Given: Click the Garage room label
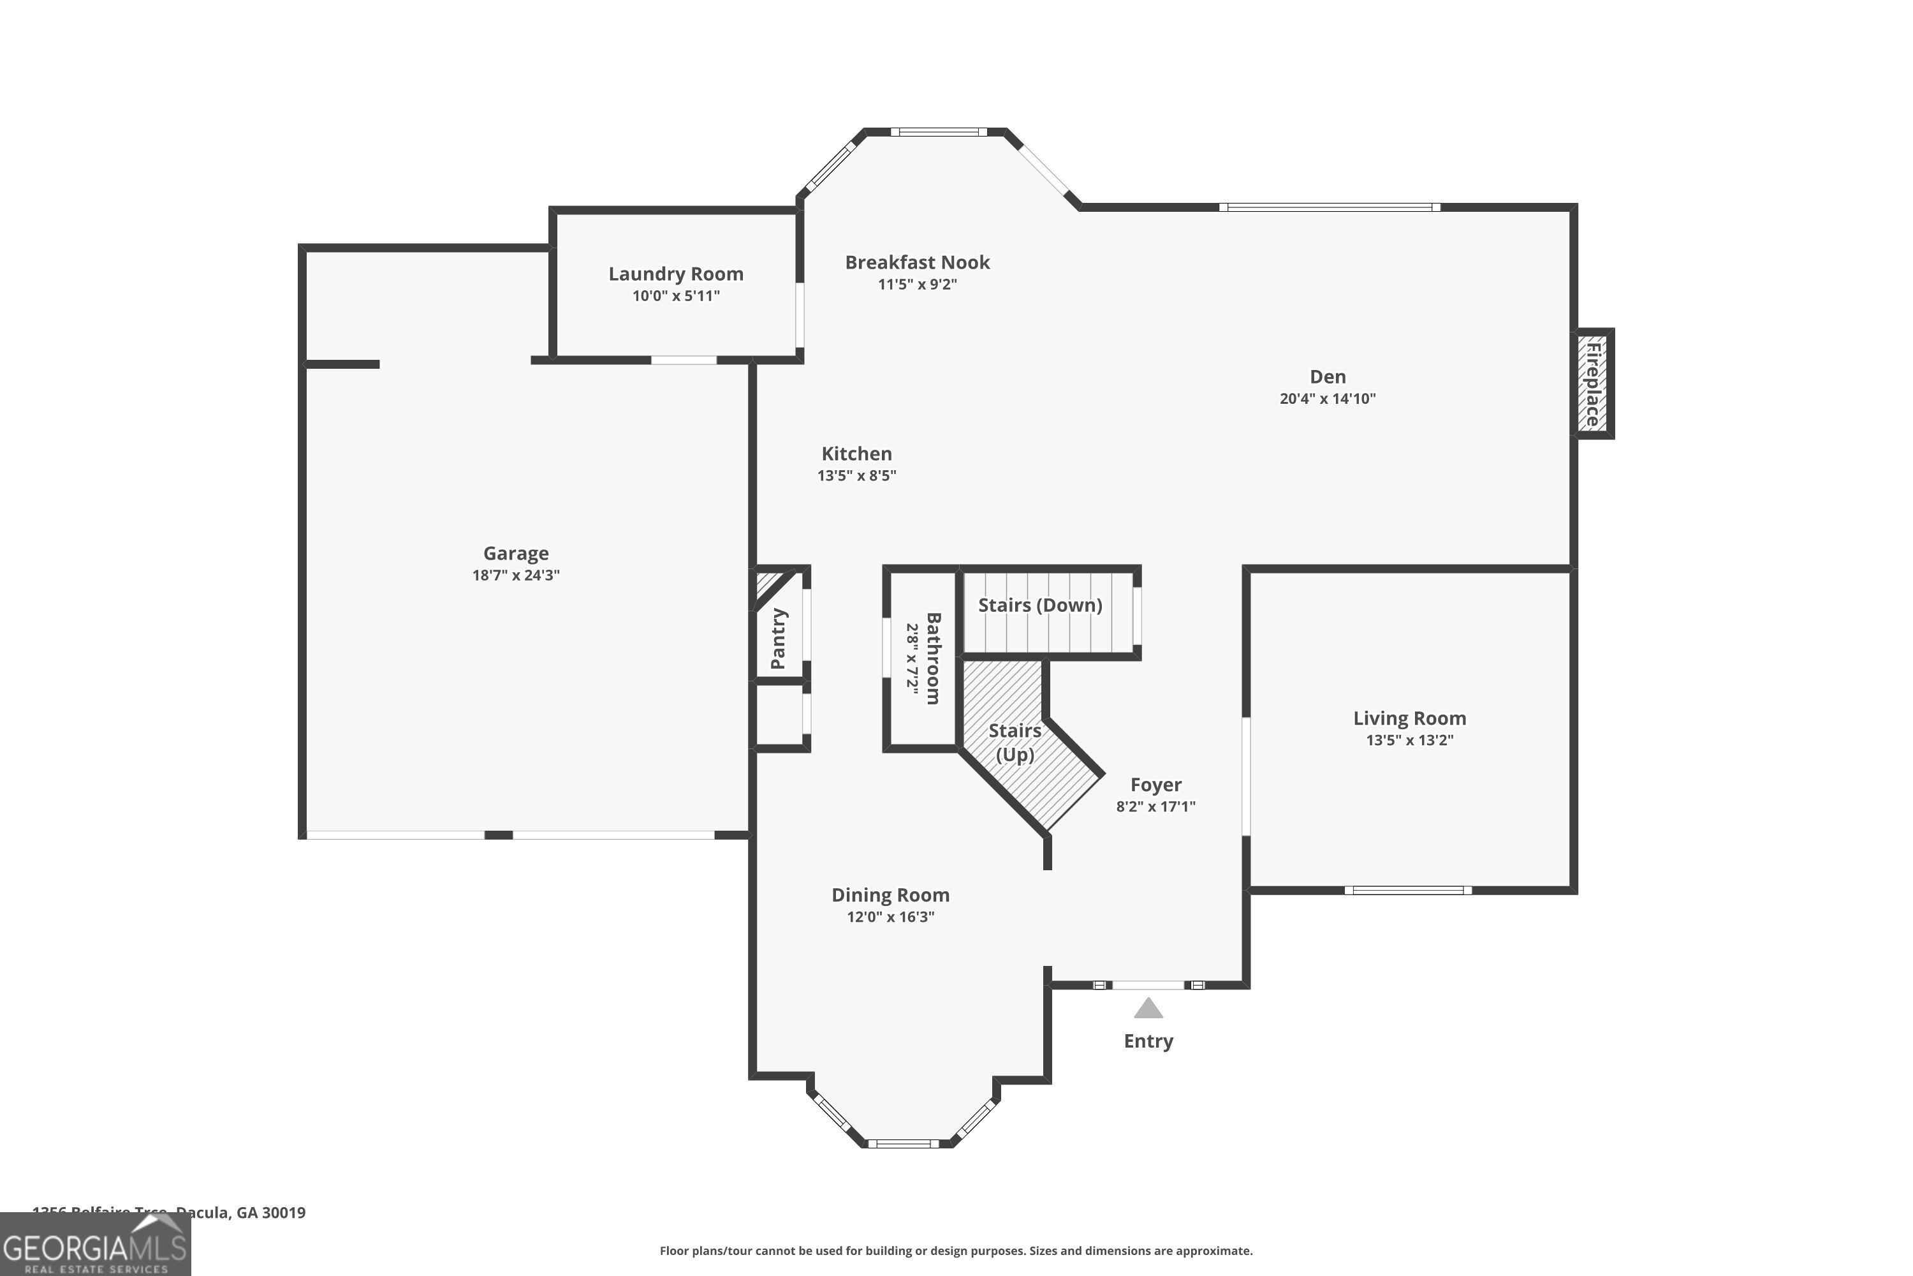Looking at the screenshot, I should coord(516,553).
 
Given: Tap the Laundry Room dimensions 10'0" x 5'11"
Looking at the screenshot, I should coord(676,295).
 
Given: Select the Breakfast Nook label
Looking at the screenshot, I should coord(917,262).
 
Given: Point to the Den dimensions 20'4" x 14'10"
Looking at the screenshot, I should coord(1328,399).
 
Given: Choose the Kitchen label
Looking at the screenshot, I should coord(856,453).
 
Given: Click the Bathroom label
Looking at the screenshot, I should coord(933,658).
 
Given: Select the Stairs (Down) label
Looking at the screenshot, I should coord(1039,605).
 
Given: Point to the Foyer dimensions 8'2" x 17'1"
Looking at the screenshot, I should coord(1155,806).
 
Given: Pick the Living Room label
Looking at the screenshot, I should coord(1409,718).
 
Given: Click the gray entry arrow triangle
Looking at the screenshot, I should coord(1148,1009).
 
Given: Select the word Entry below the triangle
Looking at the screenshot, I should coord(1148,1041).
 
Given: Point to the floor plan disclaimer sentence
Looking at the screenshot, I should coord(956,1250).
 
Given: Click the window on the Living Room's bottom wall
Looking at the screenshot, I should coord(1407,890).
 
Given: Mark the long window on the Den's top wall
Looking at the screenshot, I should coord(1329,207).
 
